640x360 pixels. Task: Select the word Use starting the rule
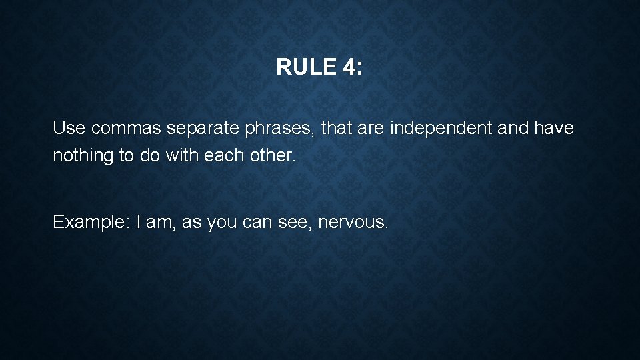click(69, 128)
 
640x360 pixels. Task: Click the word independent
click(441, 128)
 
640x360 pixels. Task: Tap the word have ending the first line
click(554, 128)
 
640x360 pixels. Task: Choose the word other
click(271, 155)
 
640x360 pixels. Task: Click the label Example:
click(91, 222)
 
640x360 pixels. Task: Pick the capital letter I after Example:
click(139, 222)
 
